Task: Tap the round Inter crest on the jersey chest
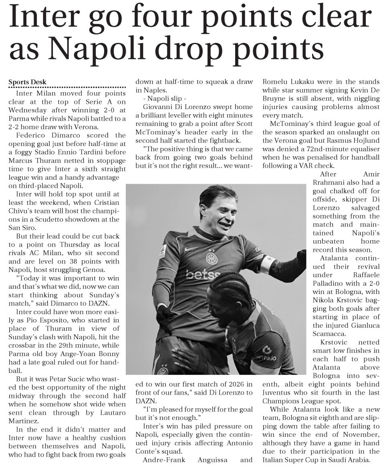tap(211, 258)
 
